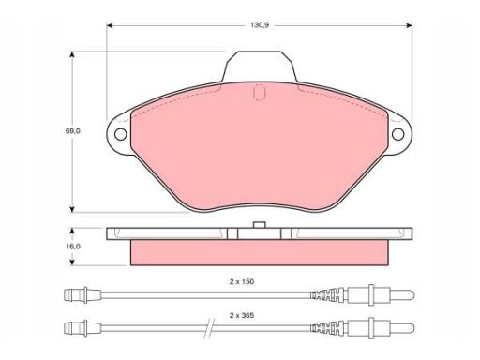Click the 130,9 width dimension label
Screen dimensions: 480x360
click(260, 25)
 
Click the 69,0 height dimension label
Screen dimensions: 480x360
click(72, 131)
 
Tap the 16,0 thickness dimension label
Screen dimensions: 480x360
click(72, 247)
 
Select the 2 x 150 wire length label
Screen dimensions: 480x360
click(242, 281)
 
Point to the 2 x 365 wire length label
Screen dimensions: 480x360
click(242, 315)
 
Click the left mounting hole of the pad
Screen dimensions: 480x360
click(120, 134)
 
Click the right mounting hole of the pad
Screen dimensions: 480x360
click(397, 134)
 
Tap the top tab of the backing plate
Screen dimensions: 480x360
click(260, 67)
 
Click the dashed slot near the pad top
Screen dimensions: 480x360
click(260, 93)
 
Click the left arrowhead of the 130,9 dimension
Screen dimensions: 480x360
click(110, 25)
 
